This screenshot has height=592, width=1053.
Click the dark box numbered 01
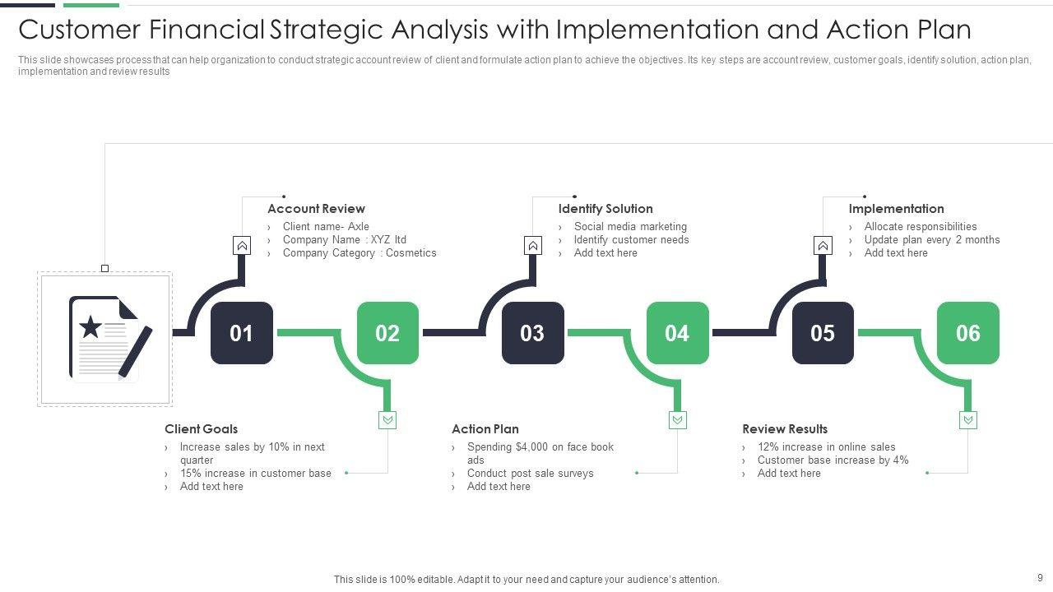pyautogui.click(x=242, y=333)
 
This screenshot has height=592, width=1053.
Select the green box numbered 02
pyautogui.click(x=387, y=333)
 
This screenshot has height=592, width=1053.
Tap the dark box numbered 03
pyautogui.click(x=532, y=333)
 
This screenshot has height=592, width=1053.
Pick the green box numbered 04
pyautogui.click(x=677, y=333)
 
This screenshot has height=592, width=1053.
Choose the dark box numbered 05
pyautogui.click(x=823, y=333)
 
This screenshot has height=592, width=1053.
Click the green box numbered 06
pyautogui.click(x=967, y=333)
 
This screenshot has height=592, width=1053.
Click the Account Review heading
pyautogui.click(x=316, y=209)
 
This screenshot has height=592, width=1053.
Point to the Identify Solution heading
pyautogui.click(x=605, y=209)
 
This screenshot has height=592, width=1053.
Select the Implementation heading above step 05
pyautogui.click(x=896, y=209)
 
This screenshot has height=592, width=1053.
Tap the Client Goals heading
pyautogui.click(x=201, y=429)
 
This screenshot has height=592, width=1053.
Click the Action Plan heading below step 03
pyautogui.click(x=485, y=429)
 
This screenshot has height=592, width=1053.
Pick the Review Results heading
pyautogui.click(x=785, y=429)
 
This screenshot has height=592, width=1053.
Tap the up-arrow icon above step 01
pyautogui.click(x=242, y=245)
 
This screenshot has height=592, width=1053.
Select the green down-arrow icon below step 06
pyautogui.click(x=967, y=420)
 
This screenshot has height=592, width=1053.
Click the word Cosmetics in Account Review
pyautogui.click(x=411, y=253)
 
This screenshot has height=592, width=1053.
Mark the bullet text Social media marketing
pyautogui.click(x=630, y=227)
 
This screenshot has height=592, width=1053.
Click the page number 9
pyautogui.click(x=1040, y=578)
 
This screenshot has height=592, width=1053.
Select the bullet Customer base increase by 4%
pyautogui.click(x=833, y=460)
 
